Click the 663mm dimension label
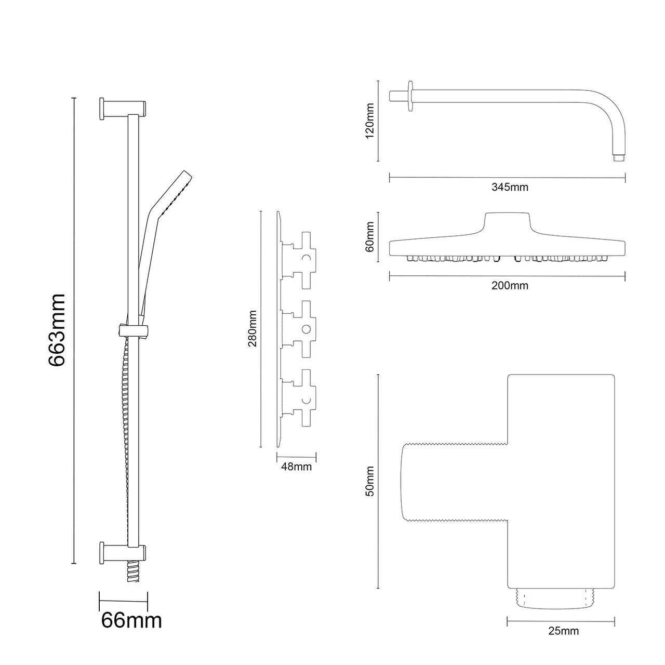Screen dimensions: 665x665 click(x=57, y=330)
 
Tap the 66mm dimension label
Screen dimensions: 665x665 click(x=131, y=620)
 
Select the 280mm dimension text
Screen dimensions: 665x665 click(x=252, y=329)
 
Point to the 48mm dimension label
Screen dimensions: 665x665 click(x=296, y=467)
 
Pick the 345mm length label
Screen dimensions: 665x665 click(x=510, y=187)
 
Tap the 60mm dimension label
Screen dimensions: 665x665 click(x=370, y=237)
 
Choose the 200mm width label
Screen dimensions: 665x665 click(x=510, y=286)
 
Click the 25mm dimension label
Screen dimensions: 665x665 click(x=563, y=631)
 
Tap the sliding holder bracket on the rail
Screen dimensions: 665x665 click(x=134, y=329)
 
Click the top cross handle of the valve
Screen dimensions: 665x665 click(x=303, y=257)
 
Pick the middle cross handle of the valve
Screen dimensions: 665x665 click(x=303, y=329)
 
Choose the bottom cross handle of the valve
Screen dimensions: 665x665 click(x=303, y=398)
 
